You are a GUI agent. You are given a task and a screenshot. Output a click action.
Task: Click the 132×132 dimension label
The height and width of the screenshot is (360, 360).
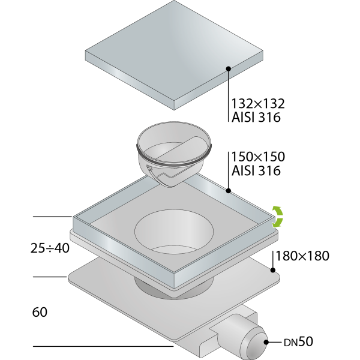258,104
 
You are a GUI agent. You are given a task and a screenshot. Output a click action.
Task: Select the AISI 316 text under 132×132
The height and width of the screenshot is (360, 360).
256,118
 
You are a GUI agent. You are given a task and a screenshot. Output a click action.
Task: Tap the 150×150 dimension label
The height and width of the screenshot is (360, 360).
258,157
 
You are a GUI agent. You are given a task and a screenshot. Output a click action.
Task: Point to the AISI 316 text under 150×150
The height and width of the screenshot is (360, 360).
256,170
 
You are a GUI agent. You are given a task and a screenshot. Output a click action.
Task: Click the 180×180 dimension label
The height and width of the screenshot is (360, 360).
302,256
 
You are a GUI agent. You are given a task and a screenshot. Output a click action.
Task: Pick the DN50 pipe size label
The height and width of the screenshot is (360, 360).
298,342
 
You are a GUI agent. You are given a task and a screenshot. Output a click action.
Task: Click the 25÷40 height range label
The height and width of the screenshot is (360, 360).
50,248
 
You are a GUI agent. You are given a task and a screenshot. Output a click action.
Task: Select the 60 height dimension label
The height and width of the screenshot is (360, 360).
40,312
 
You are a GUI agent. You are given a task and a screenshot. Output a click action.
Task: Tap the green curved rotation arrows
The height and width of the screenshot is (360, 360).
278,217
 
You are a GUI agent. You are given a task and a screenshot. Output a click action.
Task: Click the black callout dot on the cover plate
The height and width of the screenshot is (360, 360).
228,68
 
